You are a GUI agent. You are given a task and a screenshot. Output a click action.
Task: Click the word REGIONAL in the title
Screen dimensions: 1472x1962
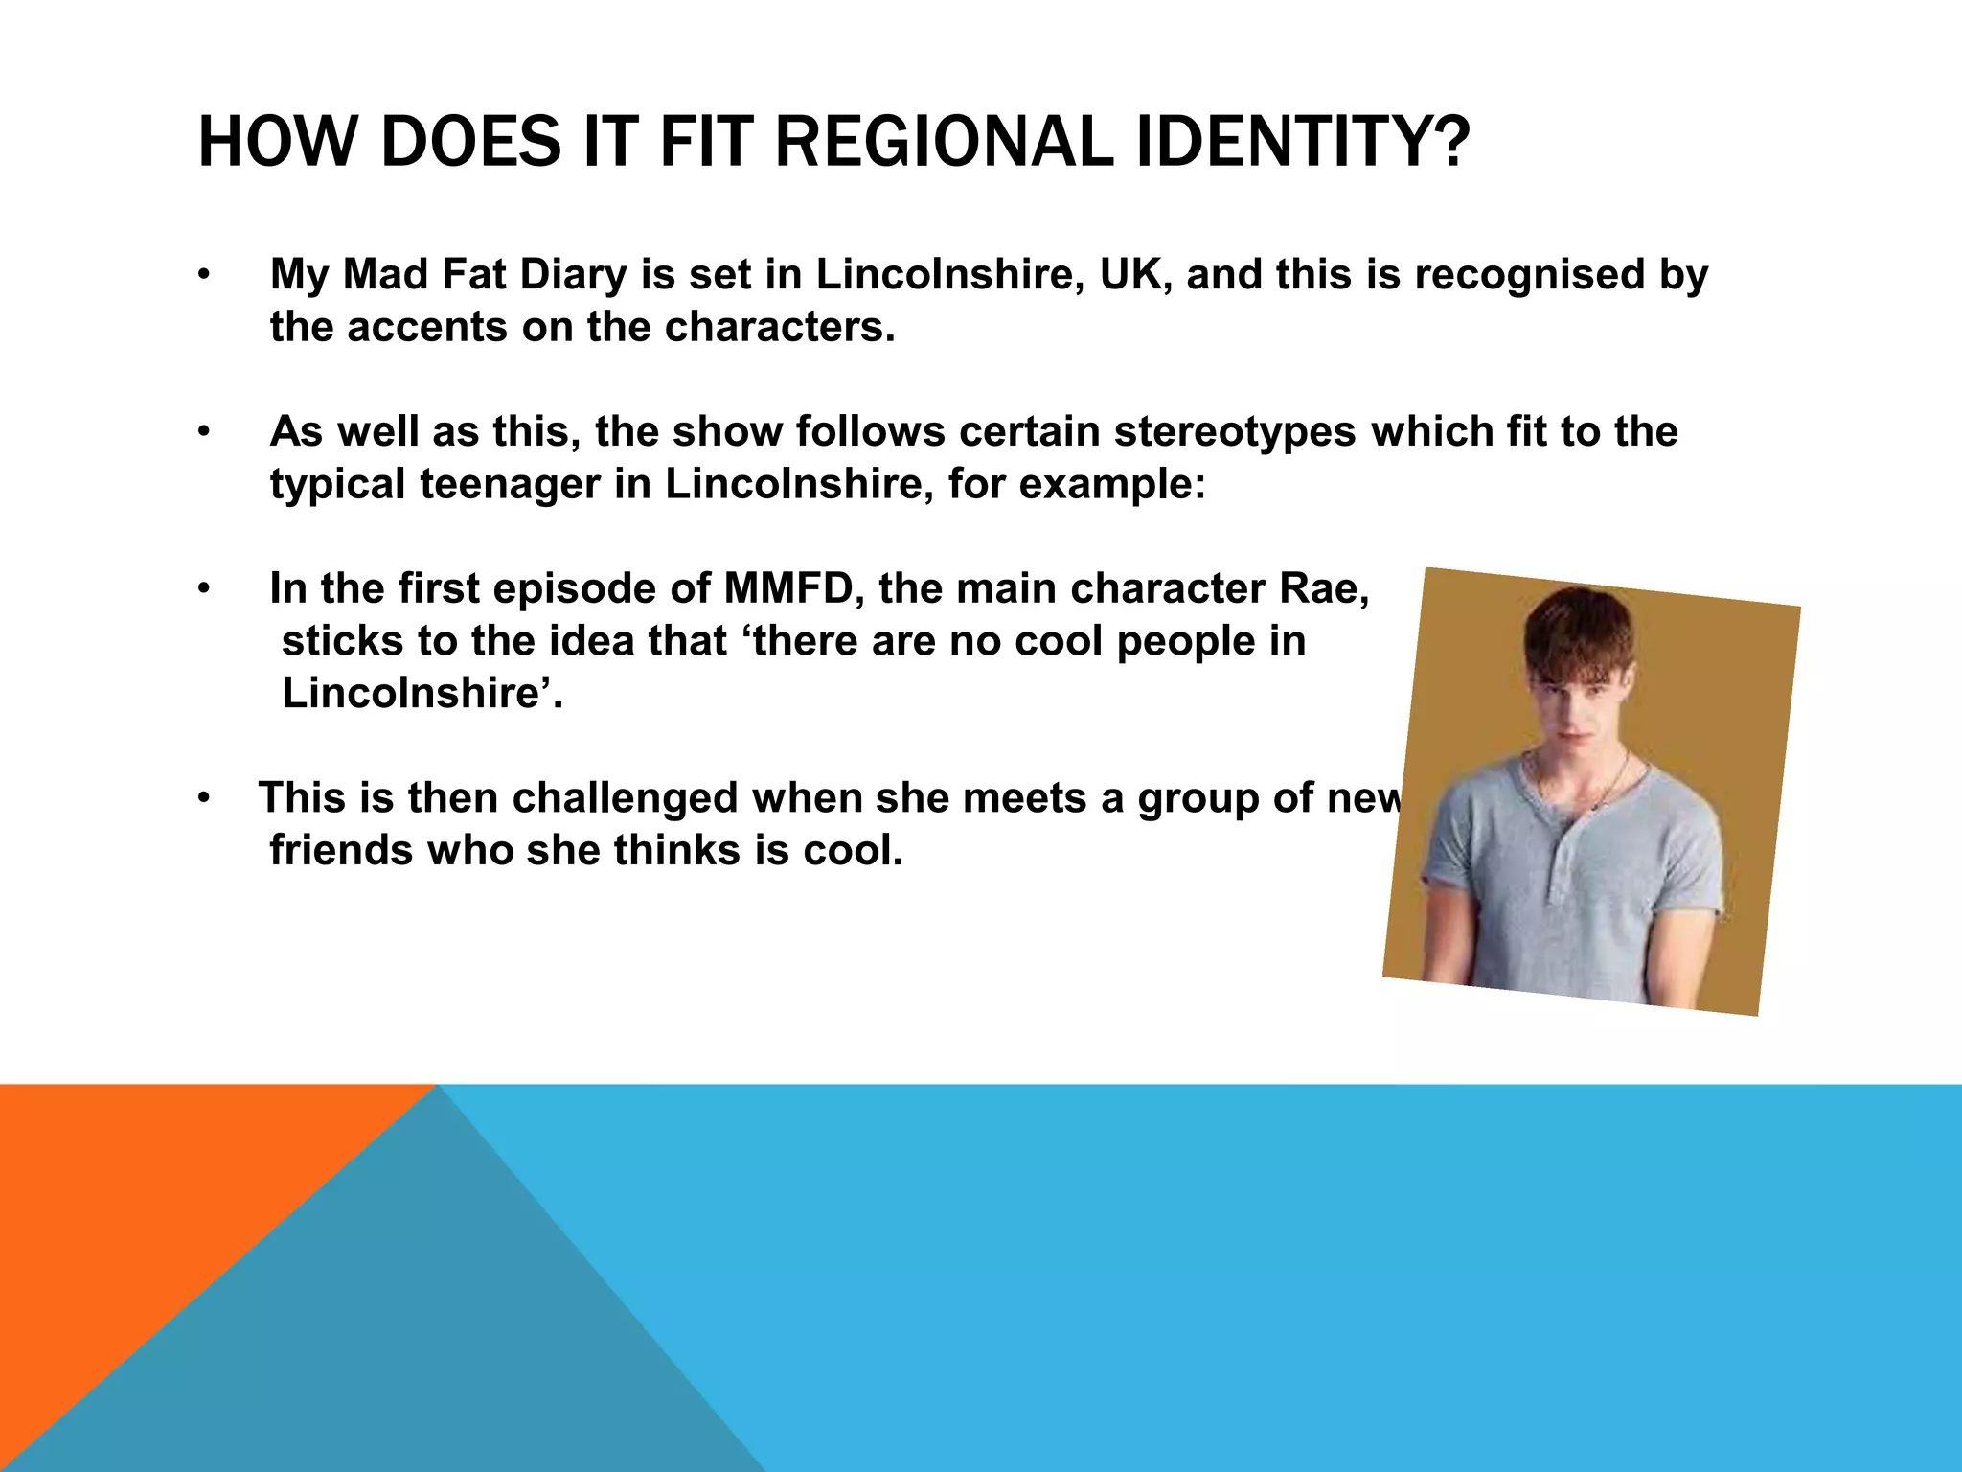pyautogui.click(x=944, y=142)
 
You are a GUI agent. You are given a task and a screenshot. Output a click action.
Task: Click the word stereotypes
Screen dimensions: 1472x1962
pyautogui.click(x=1235, y=432)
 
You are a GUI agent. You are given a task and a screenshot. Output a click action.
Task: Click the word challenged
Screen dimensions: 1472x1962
pyautogui.click(x=624, y=798)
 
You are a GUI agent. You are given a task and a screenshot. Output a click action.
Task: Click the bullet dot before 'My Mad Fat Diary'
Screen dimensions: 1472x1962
pyautogui.click(x=203, y=276)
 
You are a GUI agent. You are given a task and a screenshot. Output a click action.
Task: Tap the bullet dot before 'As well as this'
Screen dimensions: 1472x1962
pyautogui.click(x=203, y=433)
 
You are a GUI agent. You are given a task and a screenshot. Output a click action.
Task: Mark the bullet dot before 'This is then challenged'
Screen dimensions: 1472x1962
pyautogui.click(x=203, y=799)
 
